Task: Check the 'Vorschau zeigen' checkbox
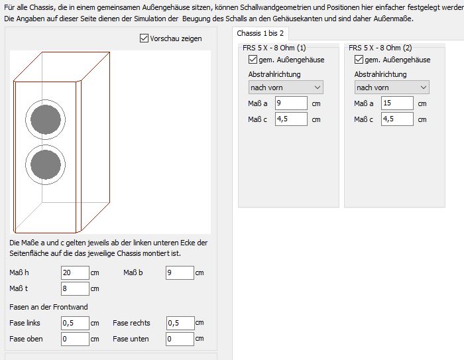[x=144, y=38]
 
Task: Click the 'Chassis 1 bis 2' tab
[x=260, y=33]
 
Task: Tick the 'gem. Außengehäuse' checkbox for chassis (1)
[x=253, y=60]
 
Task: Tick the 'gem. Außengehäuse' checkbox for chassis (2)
[x=359, y=60]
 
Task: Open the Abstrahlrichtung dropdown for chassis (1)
[x=286, y=88]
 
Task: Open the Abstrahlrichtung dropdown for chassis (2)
[x=392, y=88]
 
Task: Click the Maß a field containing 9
[x=291, y=103]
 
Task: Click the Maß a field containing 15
[x=397, y=103]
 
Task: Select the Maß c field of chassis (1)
[x=291, y=119]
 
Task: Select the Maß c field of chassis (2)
[x=397, y=119]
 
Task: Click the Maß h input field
[x=75, y=272]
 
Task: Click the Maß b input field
[x=180, y=272]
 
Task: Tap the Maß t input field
[x=75, y=288]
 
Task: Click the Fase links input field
[x=75, y=323]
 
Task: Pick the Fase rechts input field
[x=180, y=323]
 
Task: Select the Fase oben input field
[x=75, y=339]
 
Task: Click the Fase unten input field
[x=180, y=339]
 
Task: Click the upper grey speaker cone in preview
[x=46, y=119]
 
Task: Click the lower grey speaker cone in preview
[x=46, y=164]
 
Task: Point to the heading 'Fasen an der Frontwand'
[x=48, y=307]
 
